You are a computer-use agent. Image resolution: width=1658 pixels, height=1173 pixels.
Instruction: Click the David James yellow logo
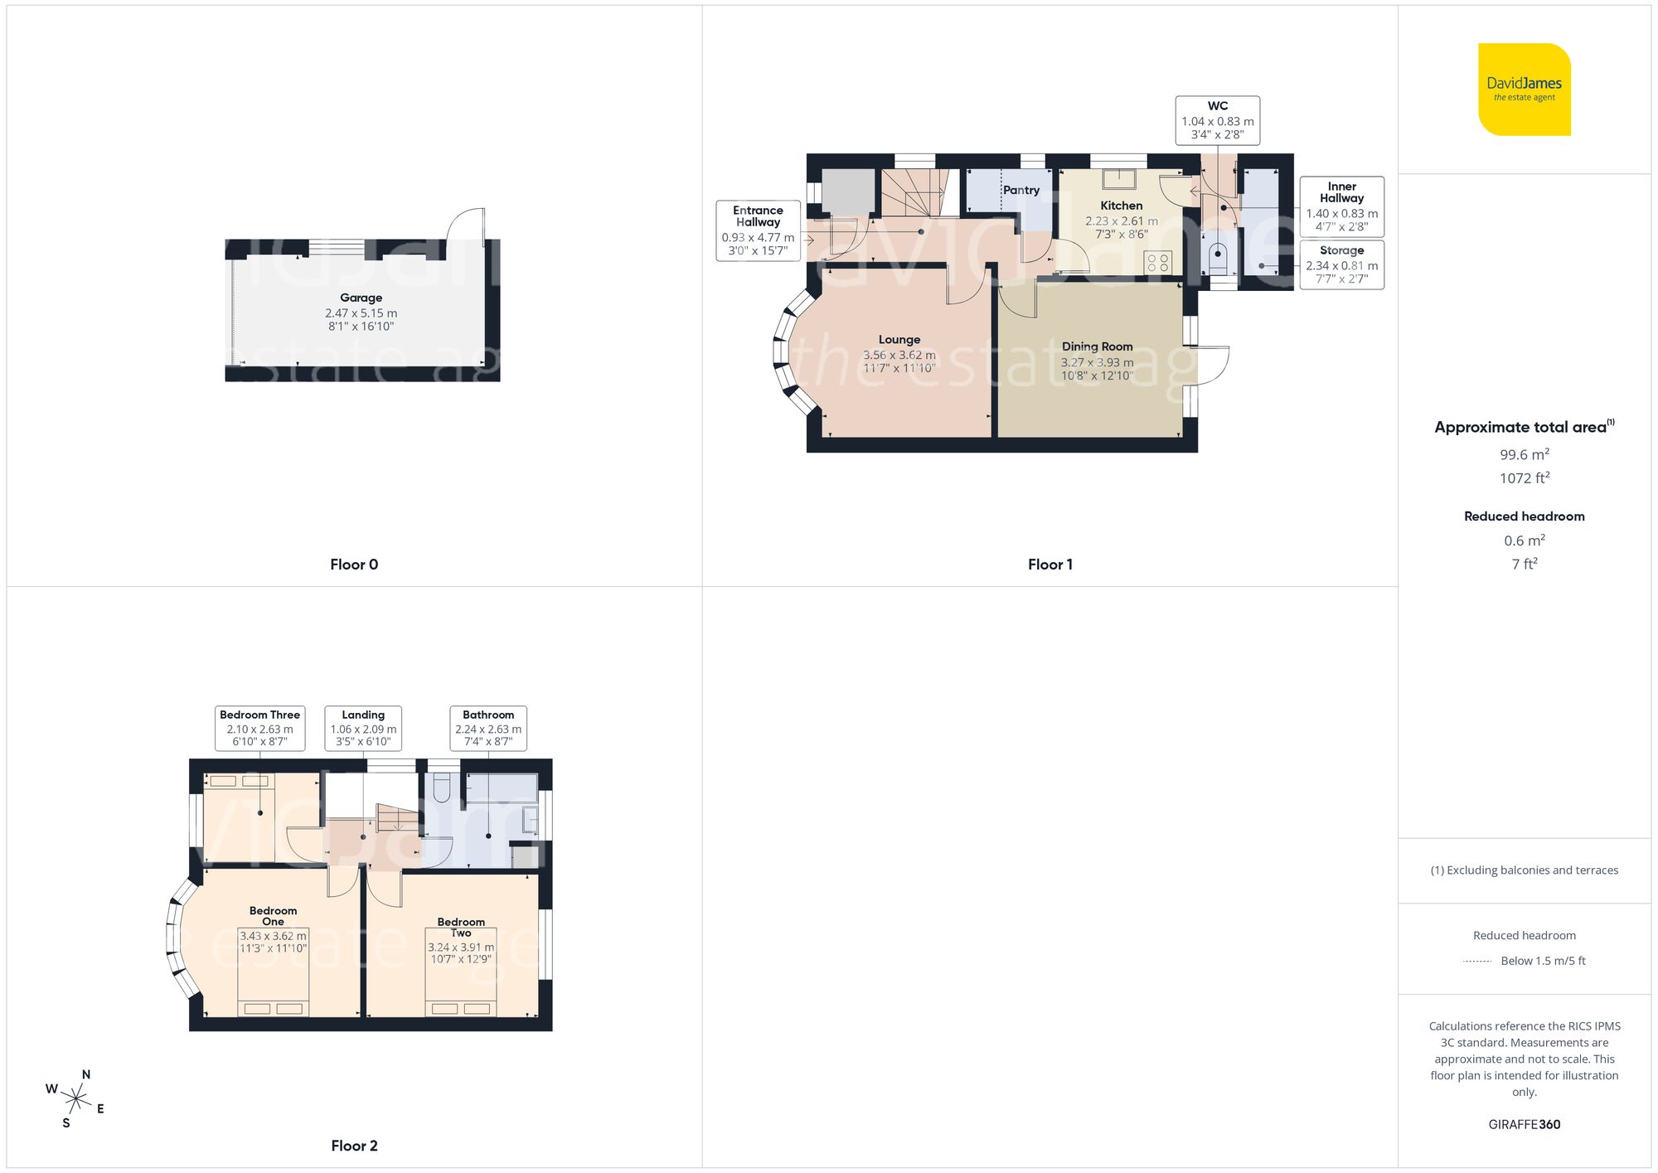[x=1524, y=90]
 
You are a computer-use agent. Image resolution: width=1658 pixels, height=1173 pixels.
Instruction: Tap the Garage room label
[x=361, y=298]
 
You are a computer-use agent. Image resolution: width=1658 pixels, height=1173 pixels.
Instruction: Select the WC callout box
[x=1217, y=120]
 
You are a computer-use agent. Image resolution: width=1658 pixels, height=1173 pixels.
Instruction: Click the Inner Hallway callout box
[x=1341, y=206]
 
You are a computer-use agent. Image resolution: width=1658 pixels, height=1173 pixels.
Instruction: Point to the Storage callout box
[x=1341, y=264]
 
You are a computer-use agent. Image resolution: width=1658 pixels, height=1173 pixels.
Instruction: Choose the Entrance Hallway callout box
[x=758, y=230]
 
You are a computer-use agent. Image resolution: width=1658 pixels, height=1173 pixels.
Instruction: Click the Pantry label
[x=1020, y=190]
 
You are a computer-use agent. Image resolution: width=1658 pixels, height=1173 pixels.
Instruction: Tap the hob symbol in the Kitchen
[x=1157, y=263]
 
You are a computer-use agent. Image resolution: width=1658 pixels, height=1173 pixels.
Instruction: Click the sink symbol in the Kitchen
[x=1119, y=178]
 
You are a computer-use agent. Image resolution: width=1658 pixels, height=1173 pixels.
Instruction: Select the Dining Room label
[x=1097, y=347]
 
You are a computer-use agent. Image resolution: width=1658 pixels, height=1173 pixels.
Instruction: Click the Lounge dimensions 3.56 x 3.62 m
[x=899, y=355]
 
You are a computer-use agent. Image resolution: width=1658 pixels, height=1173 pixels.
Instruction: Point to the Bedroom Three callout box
[x=259, y=728]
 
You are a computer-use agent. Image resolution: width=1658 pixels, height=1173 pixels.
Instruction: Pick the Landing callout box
[x=363, y=728]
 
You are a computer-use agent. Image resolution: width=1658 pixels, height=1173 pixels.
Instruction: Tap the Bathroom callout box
[x=488, y=728]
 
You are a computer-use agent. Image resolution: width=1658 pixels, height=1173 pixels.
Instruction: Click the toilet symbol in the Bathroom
[x=442, y=788]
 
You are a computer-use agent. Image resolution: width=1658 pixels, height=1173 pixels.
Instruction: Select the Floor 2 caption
[x=354, y=1146]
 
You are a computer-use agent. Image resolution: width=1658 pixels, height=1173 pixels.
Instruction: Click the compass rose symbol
[x=75, y=1100]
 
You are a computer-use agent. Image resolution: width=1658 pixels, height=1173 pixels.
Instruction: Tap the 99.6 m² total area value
[x=1524, y=454]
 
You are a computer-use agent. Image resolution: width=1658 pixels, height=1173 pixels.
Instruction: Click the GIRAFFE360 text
[x=1524, y=1124]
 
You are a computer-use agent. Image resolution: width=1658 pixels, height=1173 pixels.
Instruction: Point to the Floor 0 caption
[x=354, y=565]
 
